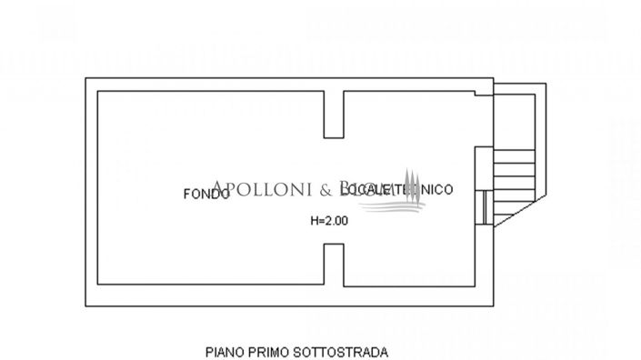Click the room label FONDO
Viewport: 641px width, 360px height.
[205, 193]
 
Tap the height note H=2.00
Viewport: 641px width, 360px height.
[329, 220]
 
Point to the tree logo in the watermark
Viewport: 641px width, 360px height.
[412, 188]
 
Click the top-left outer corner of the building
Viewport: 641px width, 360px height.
[87, 80]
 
